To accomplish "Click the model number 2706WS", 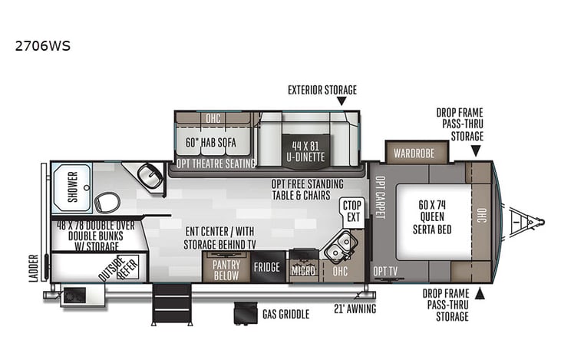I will click(x=43, y=45).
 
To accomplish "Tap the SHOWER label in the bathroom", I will click(x=73, y=187).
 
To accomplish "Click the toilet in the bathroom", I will click(x=107, y=203).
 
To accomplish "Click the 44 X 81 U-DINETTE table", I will click(x=308, y=150).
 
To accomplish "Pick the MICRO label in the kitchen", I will click(x=303, y=271).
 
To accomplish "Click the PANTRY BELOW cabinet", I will click(x=226, y=269).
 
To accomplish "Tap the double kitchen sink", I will click(x=340, y=247).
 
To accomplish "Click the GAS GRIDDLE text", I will click(x=285, y=315).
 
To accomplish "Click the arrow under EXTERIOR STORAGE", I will click(x=341, y=101).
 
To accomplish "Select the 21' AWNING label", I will click(x=355, y=309).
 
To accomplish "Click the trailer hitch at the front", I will click(x=530, y=222).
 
